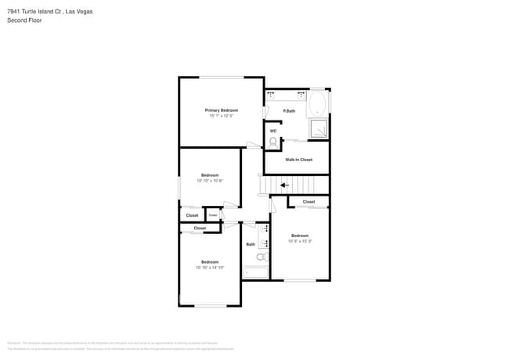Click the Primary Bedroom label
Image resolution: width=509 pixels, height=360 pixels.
[222, 110]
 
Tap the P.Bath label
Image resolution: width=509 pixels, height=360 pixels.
[289, 111]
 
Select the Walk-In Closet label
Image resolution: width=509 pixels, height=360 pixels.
[298, 160]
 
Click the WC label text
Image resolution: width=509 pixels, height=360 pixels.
[273, 131]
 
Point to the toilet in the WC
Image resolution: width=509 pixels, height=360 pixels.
[273, 142]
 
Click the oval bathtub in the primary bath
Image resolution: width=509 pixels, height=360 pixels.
[317, 106]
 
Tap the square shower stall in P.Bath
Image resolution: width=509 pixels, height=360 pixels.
[320, 129]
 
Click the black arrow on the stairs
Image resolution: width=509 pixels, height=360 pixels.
[284, 185]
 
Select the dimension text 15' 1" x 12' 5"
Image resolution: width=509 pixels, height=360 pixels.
[222, 116]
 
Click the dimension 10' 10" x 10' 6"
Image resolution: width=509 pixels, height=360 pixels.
[210, 181]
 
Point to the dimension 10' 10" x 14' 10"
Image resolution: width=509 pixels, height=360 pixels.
[210, 268]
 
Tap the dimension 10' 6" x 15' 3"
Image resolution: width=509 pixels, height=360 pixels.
[301, 241]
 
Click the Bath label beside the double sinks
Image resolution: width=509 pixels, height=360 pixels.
[251, 244]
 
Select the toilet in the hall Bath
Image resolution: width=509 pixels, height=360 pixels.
[262, 257]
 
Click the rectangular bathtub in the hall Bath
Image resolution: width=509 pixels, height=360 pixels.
[255, 273]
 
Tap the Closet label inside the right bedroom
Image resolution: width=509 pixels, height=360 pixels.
[309, 202]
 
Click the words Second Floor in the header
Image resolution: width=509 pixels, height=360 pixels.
[24, 20]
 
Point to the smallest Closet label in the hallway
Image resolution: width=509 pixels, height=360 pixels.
[212, 214]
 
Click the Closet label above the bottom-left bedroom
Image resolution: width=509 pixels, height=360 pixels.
[200, 229]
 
